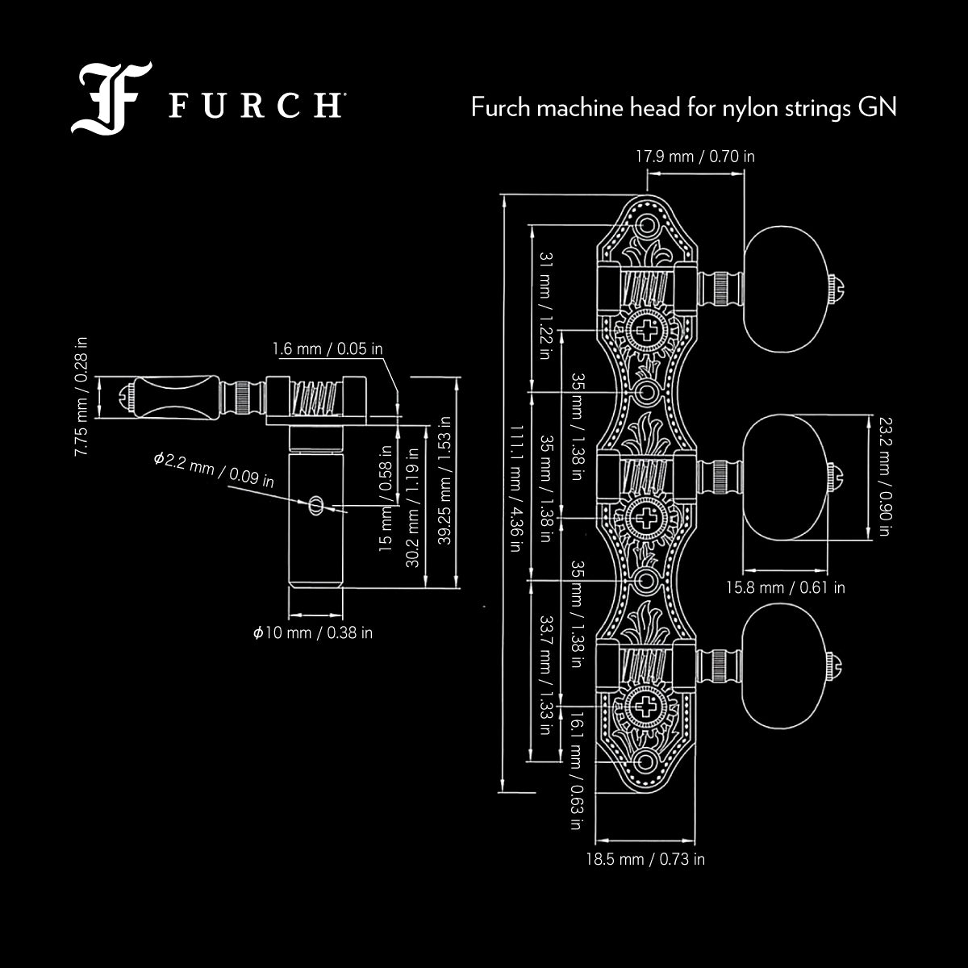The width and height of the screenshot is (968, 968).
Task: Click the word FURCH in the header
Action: [x=253, y=106]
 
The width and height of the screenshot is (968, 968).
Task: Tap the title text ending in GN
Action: [x=684, y=107]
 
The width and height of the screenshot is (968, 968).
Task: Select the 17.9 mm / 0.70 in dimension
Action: [x=695, y=156]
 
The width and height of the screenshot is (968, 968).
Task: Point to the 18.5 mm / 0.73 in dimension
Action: [x=645, y=859]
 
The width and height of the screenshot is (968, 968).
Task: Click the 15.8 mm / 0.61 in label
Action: [x=786, y=587]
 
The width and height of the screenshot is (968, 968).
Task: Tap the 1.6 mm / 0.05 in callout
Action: [x=328, y=349]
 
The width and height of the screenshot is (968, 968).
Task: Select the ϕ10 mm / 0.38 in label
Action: [x=313, y=632]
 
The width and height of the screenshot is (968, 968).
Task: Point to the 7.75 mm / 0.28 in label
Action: [x=82, y=397]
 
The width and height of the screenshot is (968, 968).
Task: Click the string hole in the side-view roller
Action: [x=315, y=506]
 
